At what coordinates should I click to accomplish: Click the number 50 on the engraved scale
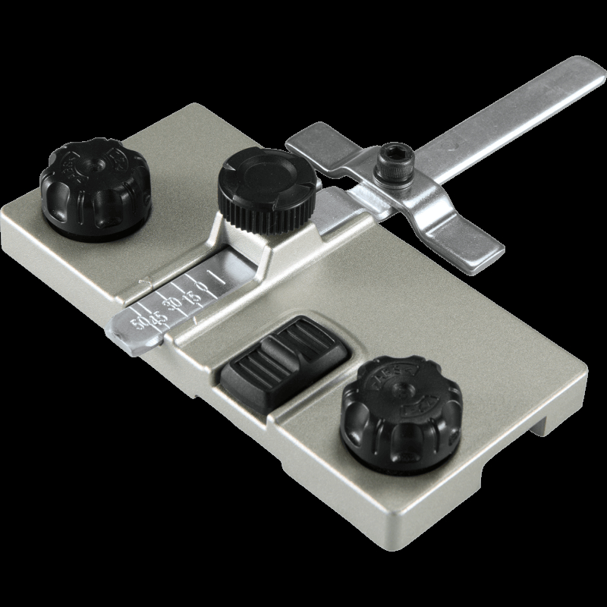[x=140, y=325]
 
